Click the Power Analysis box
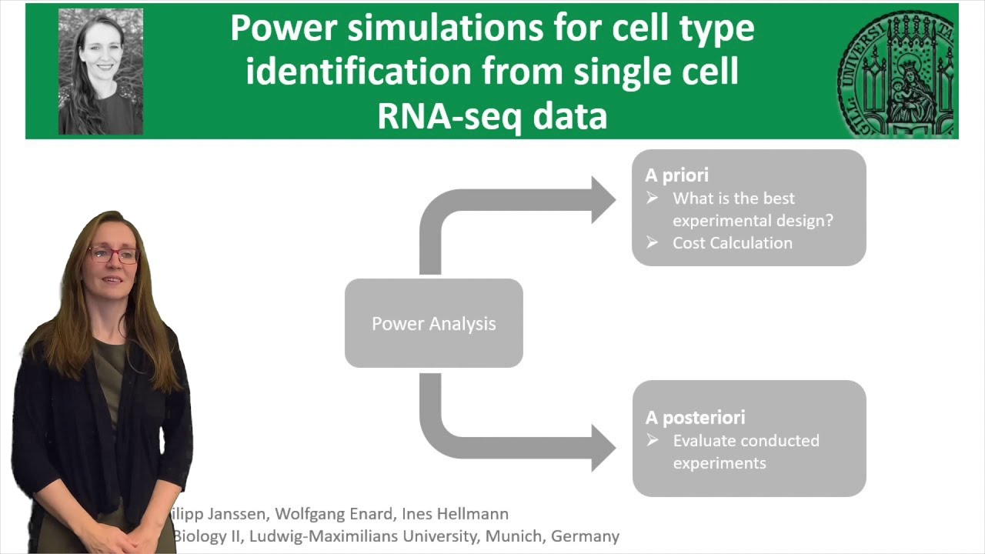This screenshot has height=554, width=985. coord(433,323)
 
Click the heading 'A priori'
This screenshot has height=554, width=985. coord(676,175)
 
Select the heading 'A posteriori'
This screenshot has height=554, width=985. coord(695,418)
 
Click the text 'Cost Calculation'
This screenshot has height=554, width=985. coord(732,243)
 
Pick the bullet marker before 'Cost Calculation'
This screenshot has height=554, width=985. coord(653,242)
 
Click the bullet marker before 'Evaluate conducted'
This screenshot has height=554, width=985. coord(653,440)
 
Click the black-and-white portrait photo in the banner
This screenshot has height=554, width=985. coord(101,72)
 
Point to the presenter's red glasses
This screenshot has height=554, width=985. coord(114,255)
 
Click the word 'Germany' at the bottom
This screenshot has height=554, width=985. coord(586,536)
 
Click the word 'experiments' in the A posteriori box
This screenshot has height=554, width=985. coord(720,463)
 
